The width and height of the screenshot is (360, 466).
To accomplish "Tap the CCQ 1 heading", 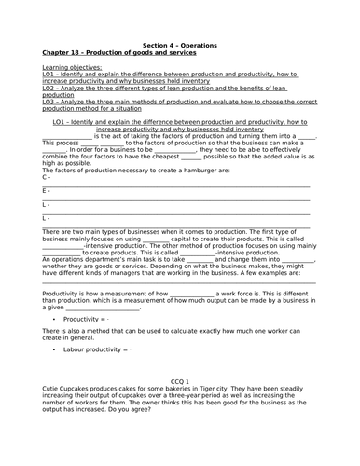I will [180, 382].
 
